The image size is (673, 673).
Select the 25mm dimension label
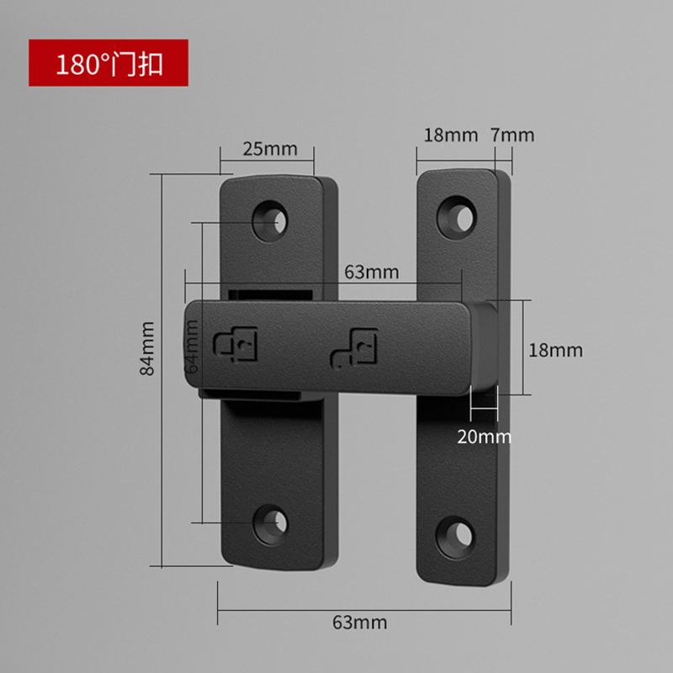[x=270, y=149]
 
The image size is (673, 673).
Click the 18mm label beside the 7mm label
[x=450, y=135]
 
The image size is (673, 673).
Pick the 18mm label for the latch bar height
[x=555, y=350]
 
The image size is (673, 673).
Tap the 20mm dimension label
[x=484, y=436]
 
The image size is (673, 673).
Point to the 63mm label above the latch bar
[x=371, y=272]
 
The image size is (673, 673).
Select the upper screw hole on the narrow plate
[x=458, y=215]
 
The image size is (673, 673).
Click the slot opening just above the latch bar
[x=269, y=294]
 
